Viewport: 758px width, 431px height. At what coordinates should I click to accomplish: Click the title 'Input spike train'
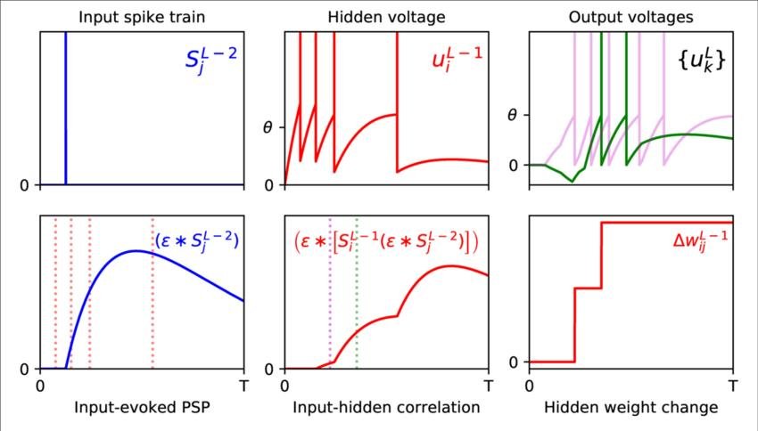coord(140,16)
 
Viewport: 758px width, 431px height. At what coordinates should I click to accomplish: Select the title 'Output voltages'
coord(630,16)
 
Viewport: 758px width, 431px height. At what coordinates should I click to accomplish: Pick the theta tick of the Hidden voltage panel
coord(268,126)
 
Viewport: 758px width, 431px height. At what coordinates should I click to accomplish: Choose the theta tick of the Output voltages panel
coord(512,115)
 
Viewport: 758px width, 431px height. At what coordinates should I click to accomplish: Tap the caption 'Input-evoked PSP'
coord(140,408)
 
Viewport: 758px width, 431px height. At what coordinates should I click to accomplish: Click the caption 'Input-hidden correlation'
coord(386,408)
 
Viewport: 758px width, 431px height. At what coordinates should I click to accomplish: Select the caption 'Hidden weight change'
coord(630,408)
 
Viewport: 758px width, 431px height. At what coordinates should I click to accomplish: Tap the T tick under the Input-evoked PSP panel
coord(243,386)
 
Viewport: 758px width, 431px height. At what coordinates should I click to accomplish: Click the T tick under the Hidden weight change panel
coord(732,386)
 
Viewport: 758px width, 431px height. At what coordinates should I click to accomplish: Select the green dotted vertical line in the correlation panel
coord(357,294)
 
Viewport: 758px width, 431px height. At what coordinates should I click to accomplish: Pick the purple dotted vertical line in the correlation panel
coord(330,294)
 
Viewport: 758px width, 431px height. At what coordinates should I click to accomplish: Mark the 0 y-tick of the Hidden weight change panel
coord(514,362)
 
